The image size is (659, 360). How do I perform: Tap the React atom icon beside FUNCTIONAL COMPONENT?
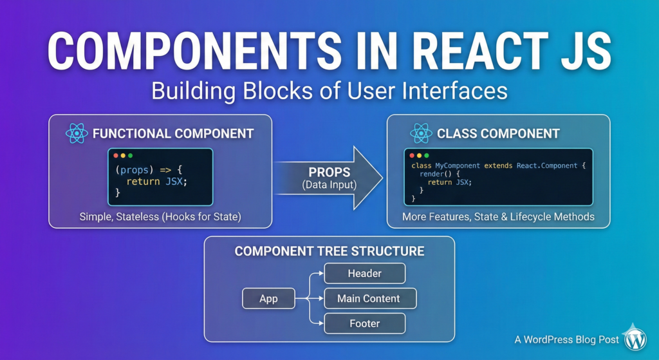point(77,134)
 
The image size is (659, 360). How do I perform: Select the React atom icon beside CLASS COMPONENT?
point(421,134)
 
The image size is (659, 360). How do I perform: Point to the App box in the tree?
point(268,298)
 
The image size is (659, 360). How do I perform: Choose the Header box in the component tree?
point(364,273)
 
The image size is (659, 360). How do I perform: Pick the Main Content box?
point(369,298)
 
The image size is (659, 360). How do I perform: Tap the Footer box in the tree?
point(364,323)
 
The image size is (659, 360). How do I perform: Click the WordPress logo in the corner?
point(635,338)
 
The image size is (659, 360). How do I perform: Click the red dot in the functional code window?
point(116,156)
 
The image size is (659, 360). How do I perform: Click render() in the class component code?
point(434,174)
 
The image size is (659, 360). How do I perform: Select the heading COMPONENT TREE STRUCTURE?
point(329,251)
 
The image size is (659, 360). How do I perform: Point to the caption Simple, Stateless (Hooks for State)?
point(160,216)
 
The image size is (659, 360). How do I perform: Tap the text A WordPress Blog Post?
point(566,339)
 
